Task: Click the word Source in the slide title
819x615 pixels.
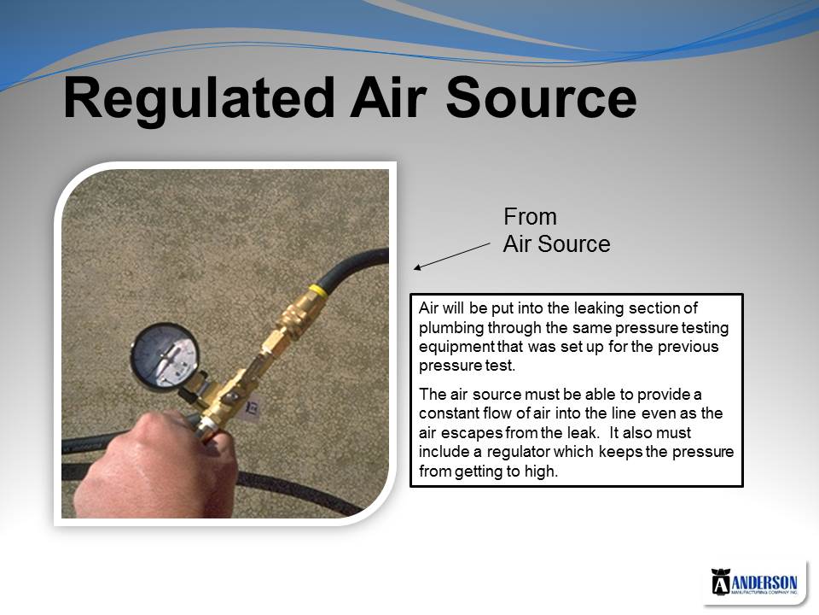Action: click(541, 97)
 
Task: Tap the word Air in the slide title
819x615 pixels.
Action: click(389, 97)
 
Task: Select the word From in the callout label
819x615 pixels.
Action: click(530, 216)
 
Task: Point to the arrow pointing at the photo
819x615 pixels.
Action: click(452, 256)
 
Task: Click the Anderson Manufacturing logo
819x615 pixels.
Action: click(754, 582)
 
